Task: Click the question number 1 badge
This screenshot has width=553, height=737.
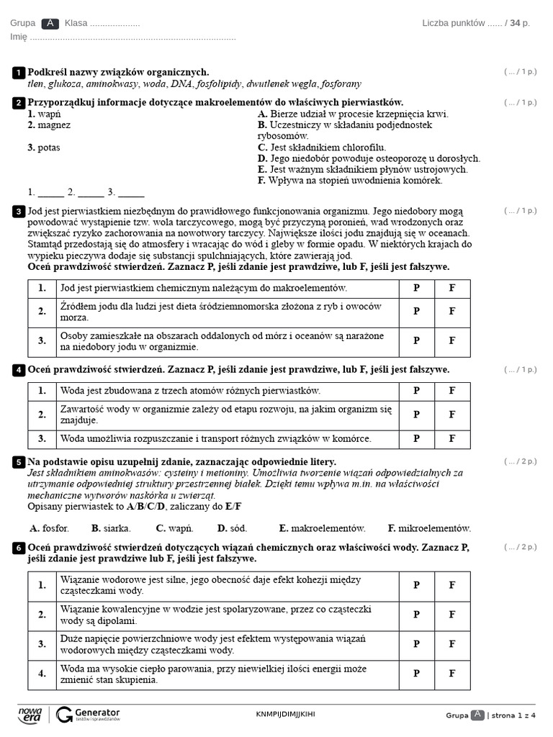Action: (18, 73)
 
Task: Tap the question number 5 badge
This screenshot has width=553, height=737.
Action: (18, 462)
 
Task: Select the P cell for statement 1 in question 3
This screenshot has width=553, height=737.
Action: (416, 288)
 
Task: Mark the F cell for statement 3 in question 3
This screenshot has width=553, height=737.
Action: (452, 341)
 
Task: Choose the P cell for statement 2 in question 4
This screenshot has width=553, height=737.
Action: (416, 415)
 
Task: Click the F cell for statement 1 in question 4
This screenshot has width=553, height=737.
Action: (452, 391)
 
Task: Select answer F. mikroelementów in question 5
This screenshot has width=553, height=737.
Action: (429, 528)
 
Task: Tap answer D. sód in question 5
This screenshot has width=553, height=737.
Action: (233, 528)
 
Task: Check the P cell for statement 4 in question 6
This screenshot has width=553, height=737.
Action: (416, 674)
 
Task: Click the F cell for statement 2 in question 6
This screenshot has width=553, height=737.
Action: (452, 615)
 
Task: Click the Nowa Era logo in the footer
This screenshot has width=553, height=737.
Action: (30, 714)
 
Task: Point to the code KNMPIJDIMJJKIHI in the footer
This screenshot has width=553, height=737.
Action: (285, 714)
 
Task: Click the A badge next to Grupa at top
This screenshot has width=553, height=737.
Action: (50, 23)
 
